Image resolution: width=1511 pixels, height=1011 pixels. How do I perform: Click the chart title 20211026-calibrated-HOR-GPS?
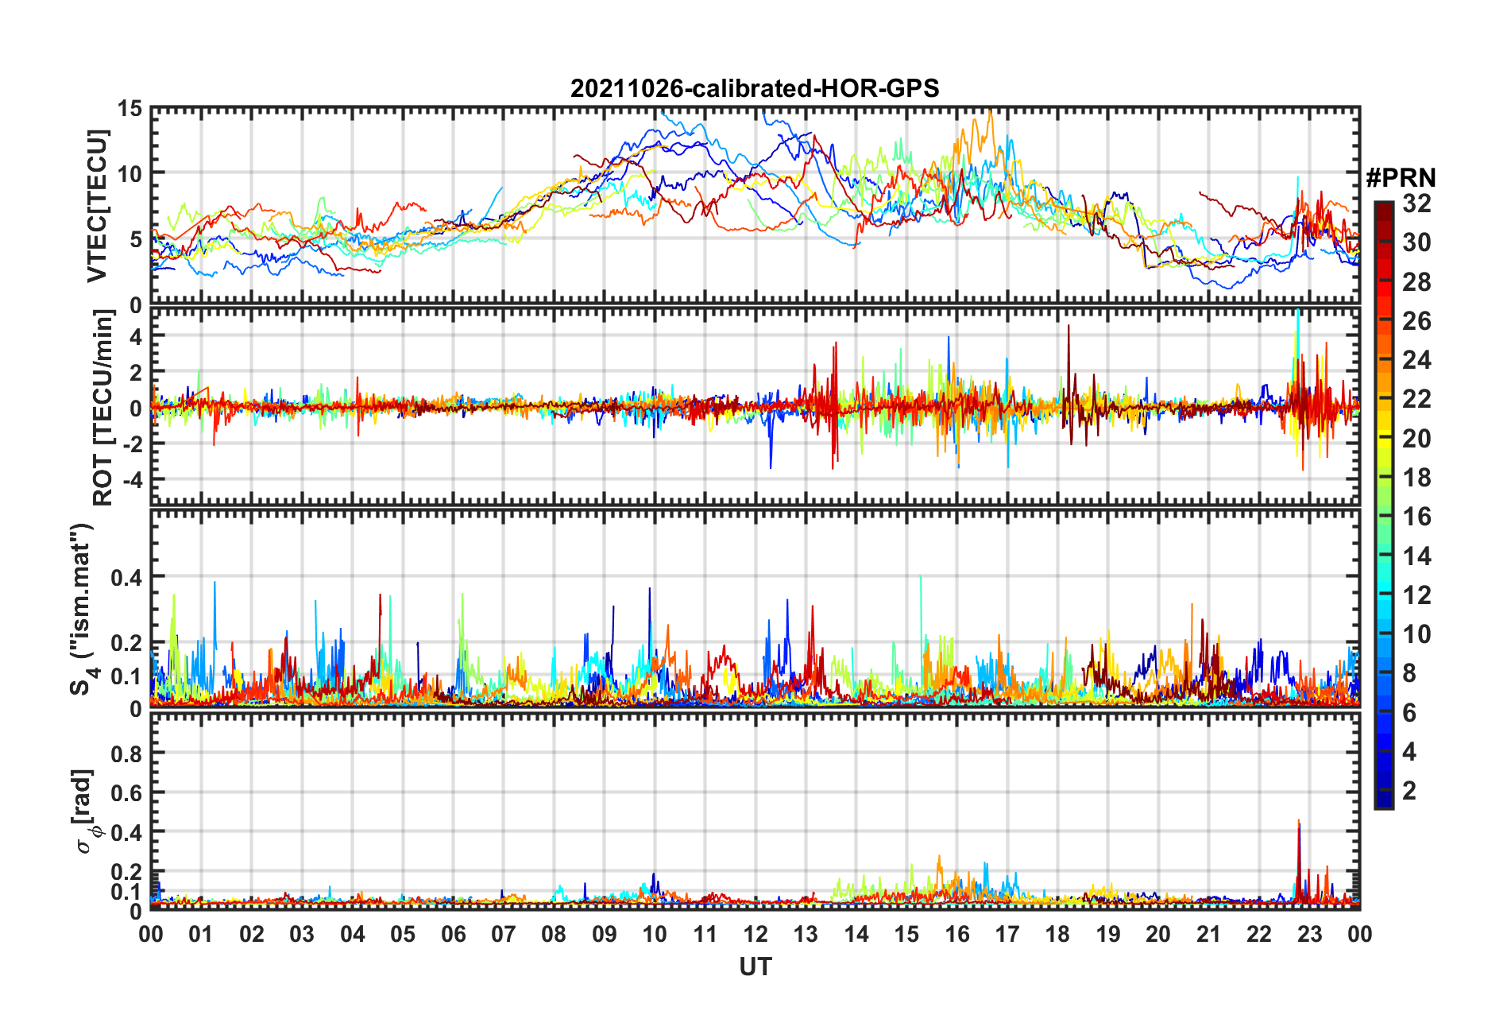755,88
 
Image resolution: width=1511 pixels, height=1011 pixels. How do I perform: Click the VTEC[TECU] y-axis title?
97,206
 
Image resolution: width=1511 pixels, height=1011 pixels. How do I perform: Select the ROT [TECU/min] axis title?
102,408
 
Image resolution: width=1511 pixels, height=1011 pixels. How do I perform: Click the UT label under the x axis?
755,966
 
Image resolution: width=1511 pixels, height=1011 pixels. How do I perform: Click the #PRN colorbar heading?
1401,178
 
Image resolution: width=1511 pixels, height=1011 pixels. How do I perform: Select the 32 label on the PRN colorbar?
1416,203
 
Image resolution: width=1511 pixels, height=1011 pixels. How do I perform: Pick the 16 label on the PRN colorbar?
1416,517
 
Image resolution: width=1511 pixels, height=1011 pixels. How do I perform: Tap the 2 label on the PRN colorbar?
1410,791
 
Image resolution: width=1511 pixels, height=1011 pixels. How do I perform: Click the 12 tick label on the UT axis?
755,934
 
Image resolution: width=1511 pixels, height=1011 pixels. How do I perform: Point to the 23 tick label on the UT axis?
1309,934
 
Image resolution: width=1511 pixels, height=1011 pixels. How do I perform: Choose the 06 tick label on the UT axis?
453,934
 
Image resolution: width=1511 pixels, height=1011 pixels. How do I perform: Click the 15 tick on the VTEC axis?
129,109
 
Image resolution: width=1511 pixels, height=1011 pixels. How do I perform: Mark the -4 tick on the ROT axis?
130,480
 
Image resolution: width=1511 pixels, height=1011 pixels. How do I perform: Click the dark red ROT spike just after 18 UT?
1069,327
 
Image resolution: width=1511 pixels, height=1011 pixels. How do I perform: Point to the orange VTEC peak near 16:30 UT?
989,114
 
